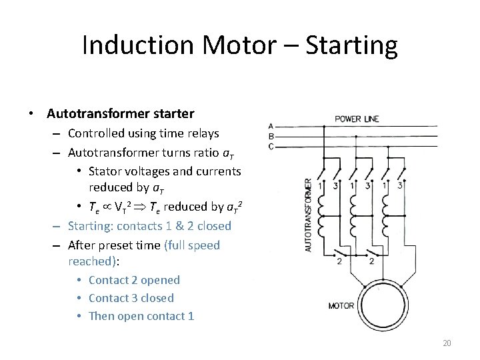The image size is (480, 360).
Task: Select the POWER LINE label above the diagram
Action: tap(357, 119)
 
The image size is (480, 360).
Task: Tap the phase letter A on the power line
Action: tap(271, 126)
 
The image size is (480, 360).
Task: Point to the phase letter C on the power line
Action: tap(271, 146)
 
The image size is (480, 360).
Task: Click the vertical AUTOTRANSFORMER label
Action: tap(308, 214)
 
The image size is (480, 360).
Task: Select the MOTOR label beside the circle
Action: tap(341, 306)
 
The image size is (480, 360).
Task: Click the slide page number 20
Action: tap(447, 343)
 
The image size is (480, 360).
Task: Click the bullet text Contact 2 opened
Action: tap(134, 280)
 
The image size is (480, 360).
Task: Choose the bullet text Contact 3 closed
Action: tap(131, 298)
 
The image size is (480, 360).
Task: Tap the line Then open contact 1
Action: tap(141, 316)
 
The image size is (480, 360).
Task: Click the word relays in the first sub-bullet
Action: tap(201, 133)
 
